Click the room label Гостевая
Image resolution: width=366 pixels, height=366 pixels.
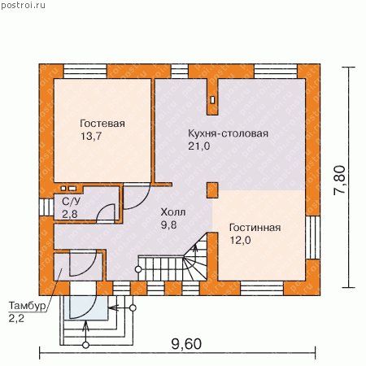coord(102,124)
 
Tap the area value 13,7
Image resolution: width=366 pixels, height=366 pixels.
coord(91,136)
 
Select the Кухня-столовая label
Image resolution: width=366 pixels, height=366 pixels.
coord(229,133)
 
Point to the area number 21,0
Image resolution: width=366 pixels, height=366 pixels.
coord(199,146)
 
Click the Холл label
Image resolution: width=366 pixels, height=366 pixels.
coord(173,212)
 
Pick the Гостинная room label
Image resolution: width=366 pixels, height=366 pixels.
coord(255,228)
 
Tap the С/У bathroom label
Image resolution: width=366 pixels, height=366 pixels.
coord(72,202)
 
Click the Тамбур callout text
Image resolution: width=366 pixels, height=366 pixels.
coord(27,306)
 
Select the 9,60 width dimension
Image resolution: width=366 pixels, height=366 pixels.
coord(186,344)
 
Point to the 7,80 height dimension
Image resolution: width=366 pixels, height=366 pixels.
coord(339,180)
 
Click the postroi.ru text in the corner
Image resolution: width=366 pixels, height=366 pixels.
coord(23,6)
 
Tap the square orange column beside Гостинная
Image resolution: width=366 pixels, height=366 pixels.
coord(212,190)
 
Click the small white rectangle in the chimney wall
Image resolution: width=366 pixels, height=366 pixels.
coord(212,100)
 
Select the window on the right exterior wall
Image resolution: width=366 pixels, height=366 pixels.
coord(313,237)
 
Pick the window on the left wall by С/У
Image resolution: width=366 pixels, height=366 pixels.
coord(46,207)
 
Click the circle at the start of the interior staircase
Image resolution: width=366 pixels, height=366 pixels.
coord(138,269)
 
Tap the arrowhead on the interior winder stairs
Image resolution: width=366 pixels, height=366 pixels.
coord(194,246)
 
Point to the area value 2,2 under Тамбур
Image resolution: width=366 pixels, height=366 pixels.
coord(16,319)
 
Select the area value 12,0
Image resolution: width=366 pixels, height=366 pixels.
coord(240,240)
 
